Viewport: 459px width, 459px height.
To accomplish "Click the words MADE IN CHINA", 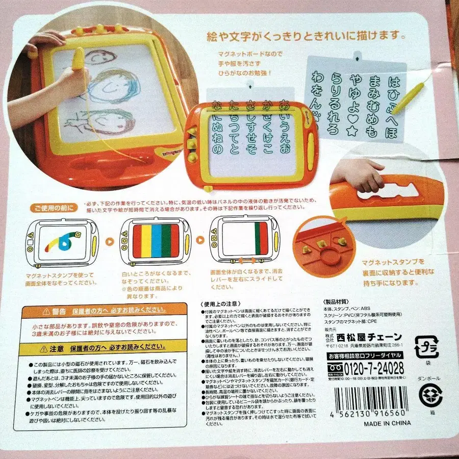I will pyautogui.click(x=387, y=423).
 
